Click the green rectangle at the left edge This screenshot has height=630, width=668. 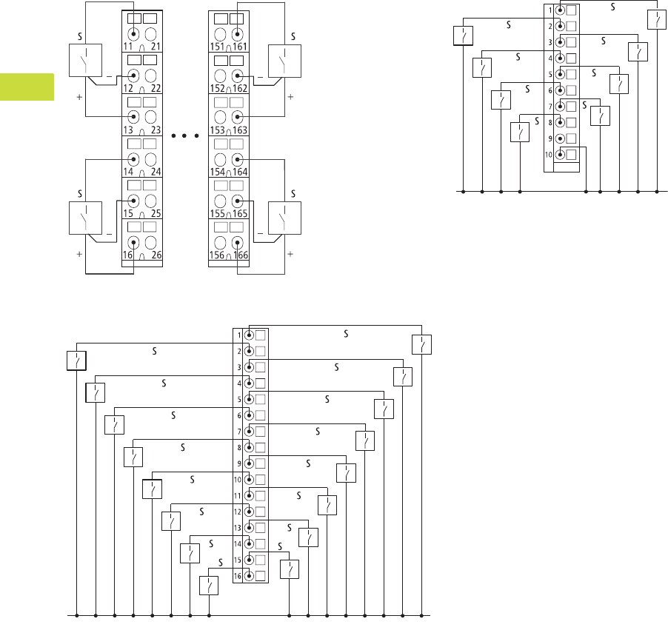[27, 87]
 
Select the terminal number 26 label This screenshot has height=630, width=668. [156, 255]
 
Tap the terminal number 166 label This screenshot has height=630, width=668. [240, 255]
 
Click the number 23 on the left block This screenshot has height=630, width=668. [156, 130]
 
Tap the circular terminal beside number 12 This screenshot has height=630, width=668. [134, 76]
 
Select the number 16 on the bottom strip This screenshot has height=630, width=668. [238, 576]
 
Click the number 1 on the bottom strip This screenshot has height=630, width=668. [239, 335]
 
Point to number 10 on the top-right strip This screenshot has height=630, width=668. [549, 155]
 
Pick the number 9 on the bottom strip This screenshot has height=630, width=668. [239, 463]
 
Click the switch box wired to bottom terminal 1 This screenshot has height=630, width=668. [421, 345]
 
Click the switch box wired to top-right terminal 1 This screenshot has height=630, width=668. [657, 19]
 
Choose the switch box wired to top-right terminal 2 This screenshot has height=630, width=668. [463, 35]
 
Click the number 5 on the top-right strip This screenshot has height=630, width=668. [550, 74]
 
